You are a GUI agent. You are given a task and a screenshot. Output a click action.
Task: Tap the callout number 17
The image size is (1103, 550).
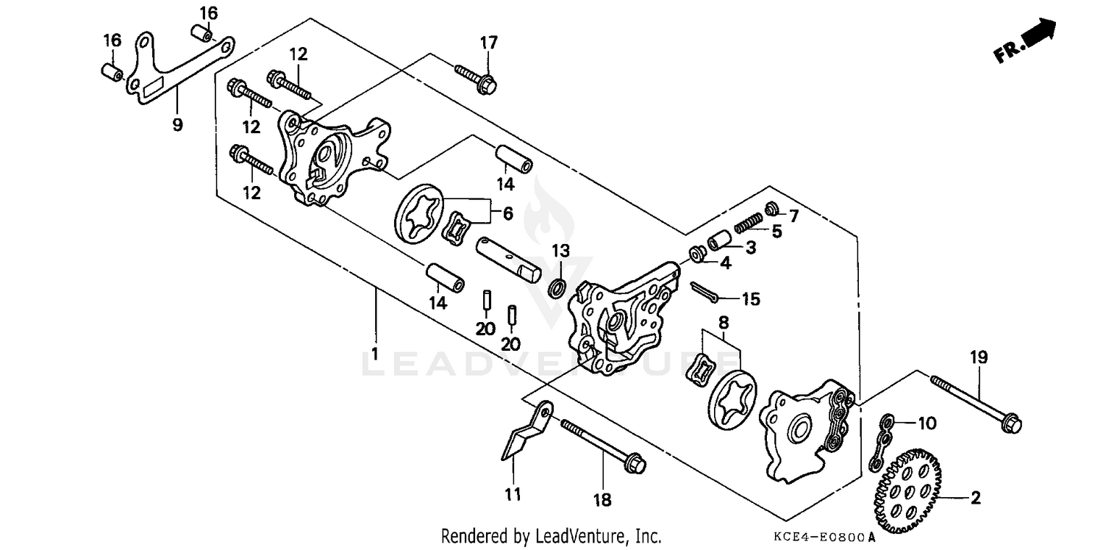pos(489,43)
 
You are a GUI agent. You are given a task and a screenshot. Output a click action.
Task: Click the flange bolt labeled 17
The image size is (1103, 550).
pos(476,79)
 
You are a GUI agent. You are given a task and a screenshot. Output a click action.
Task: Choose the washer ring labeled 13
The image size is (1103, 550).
pos(558,286)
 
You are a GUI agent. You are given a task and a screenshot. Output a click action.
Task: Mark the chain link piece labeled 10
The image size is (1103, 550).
pos(882,442)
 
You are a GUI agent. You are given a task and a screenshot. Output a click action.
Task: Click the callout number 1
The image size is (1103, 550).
pos(374,354)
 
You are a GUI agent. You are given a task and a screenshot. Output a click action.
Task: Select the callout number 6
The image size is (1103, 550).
pos(508,213)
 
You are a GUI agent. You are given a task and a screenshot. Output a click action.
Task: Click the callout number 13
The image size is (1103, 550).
pos(561,250)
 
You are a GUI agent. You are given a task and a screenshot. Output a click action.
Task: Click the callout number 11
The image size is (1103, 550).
pos(513,494)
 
